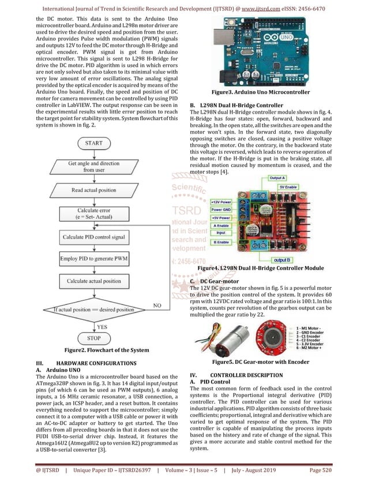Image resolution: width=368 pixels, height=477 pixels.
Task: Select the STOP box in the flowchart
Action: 93,338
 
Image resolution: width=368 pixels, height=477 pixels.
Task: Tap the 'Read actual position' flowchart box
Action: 93,190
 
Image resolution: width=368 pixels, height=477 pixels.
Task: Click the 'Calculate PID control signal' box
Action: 93,237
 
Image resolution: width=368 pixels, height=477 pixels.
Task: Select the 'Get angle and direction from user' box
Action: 93,167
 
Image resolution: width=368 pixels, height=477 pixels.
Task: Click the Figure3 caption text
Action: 261,92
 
